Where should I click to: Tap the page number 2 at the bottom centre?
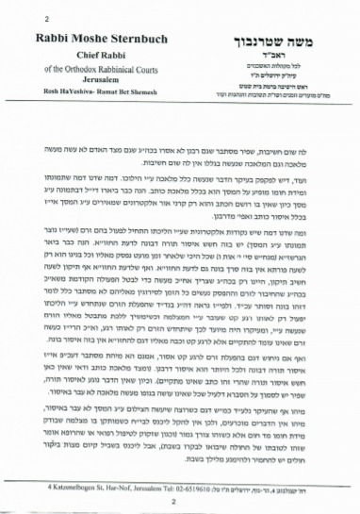179,493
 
